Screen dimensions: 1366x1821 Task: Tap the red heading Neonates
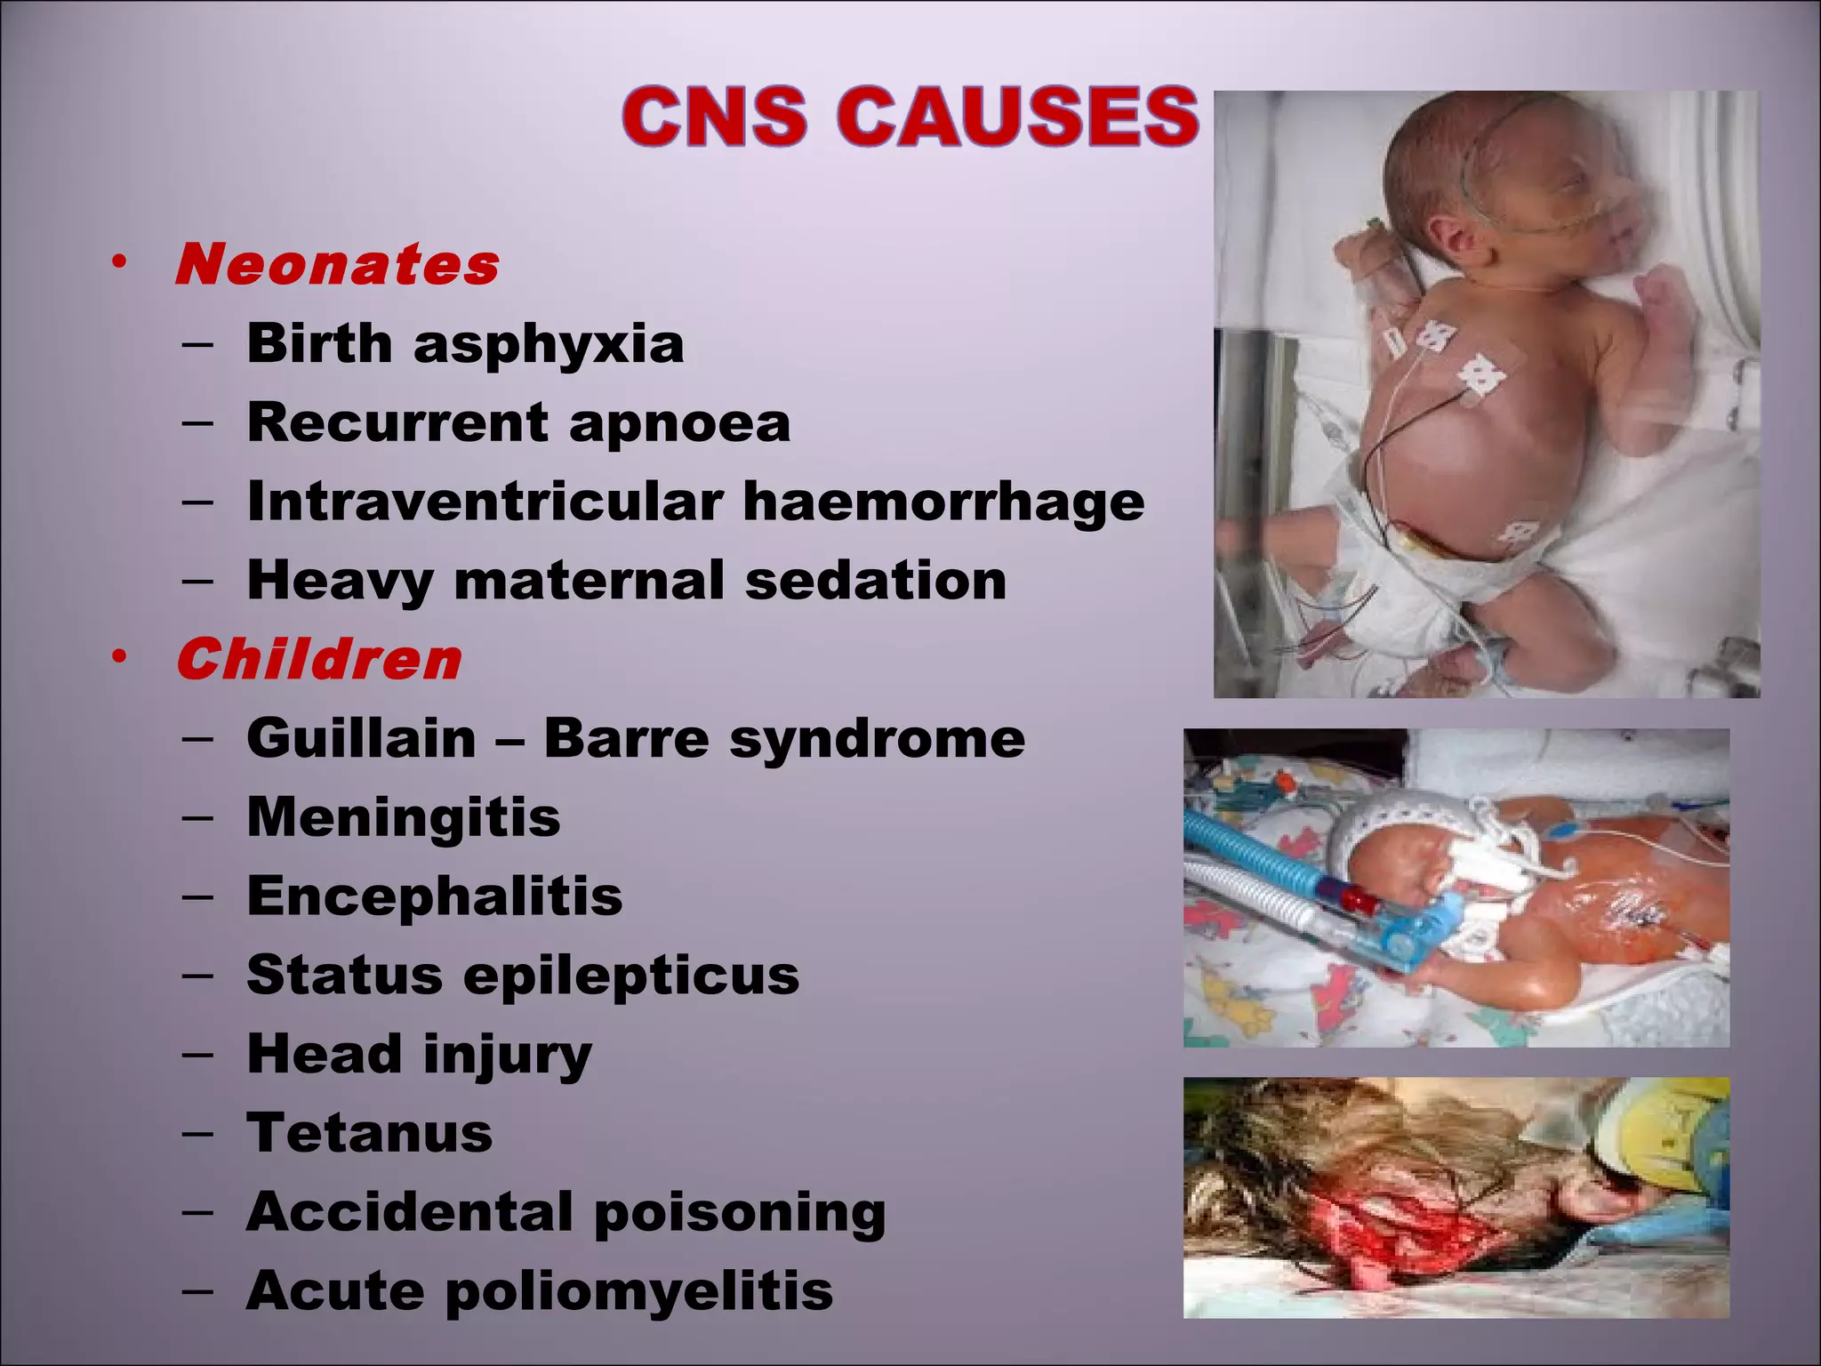pos(337,265)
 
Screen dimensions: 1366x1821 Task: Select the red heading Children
pos(319,660)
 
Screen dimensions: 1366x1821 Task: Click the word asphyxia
pos(549,344)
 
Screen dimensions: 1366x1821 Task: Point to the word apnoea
pos(679,422)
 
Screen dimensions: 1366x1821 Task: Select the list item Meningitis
pos(404,817)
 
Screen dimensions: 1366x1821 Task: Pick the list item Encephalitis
pos(435,896)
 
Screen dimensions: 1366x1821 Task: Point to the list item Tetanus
pos(369,1133)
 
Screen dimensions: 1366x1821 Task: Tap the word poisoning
pos(740,1212)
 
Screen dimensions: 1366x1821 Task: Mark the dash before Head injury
pos(197,1054)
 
